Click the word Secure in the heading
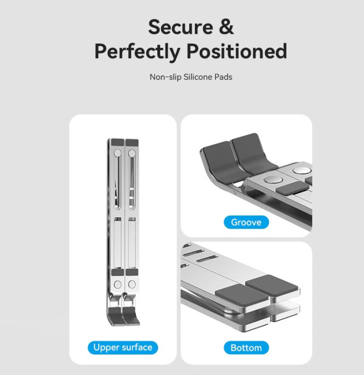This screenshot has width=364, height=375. coord(180,27)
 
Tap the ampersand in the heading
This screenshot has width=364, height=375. coord(226,27)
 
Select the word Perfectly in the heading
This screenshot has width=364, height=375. coord(137,52)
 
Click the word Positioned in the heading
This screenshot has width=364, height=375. coord(237,51)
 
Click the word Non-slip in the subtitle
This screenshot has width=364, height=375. coord(165,77)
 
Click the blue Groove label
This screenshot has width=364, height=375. coord(246,222)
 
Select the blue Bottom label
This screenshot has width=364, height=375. coord(246,348)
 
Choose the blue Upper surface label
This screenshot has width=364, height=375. coord(123,347)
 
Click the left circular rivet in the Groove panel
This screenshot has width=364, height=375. coord(272,180)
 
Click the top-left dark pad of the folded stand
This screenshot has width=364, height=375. coord(118,142)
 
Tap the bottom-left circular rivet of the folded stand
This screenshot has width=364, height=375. coord(118,284)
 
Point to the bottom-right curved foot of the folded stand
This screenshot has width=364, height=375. coord(131,316)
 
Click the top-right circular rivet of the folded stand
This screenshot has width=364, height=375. coord(132,153)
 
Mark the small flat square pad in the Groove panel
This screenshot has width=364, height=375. coord(292,187)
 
